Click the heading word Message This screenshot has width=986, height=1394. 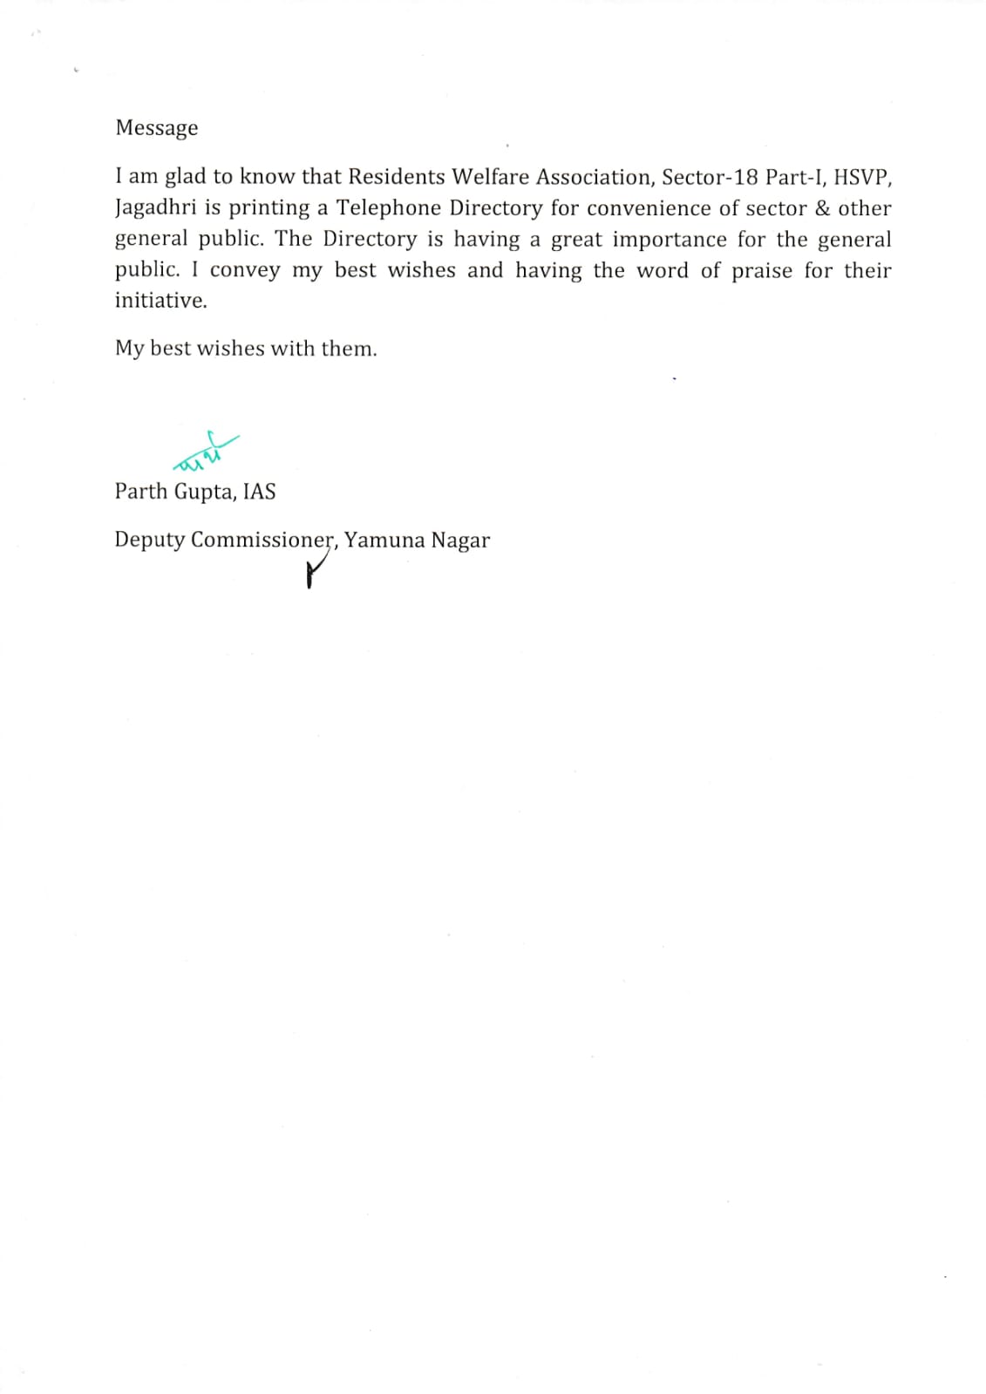[156, 128]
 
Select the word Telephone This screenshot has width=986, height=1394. [389, 208]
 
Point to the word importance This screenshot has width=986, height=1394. [670, 239]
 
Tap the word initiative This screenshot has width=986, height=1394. [160, 301]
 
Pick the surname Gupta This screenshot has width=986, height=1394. [205, 492]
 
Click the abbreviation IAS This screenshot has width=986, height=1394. [259, 492]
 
